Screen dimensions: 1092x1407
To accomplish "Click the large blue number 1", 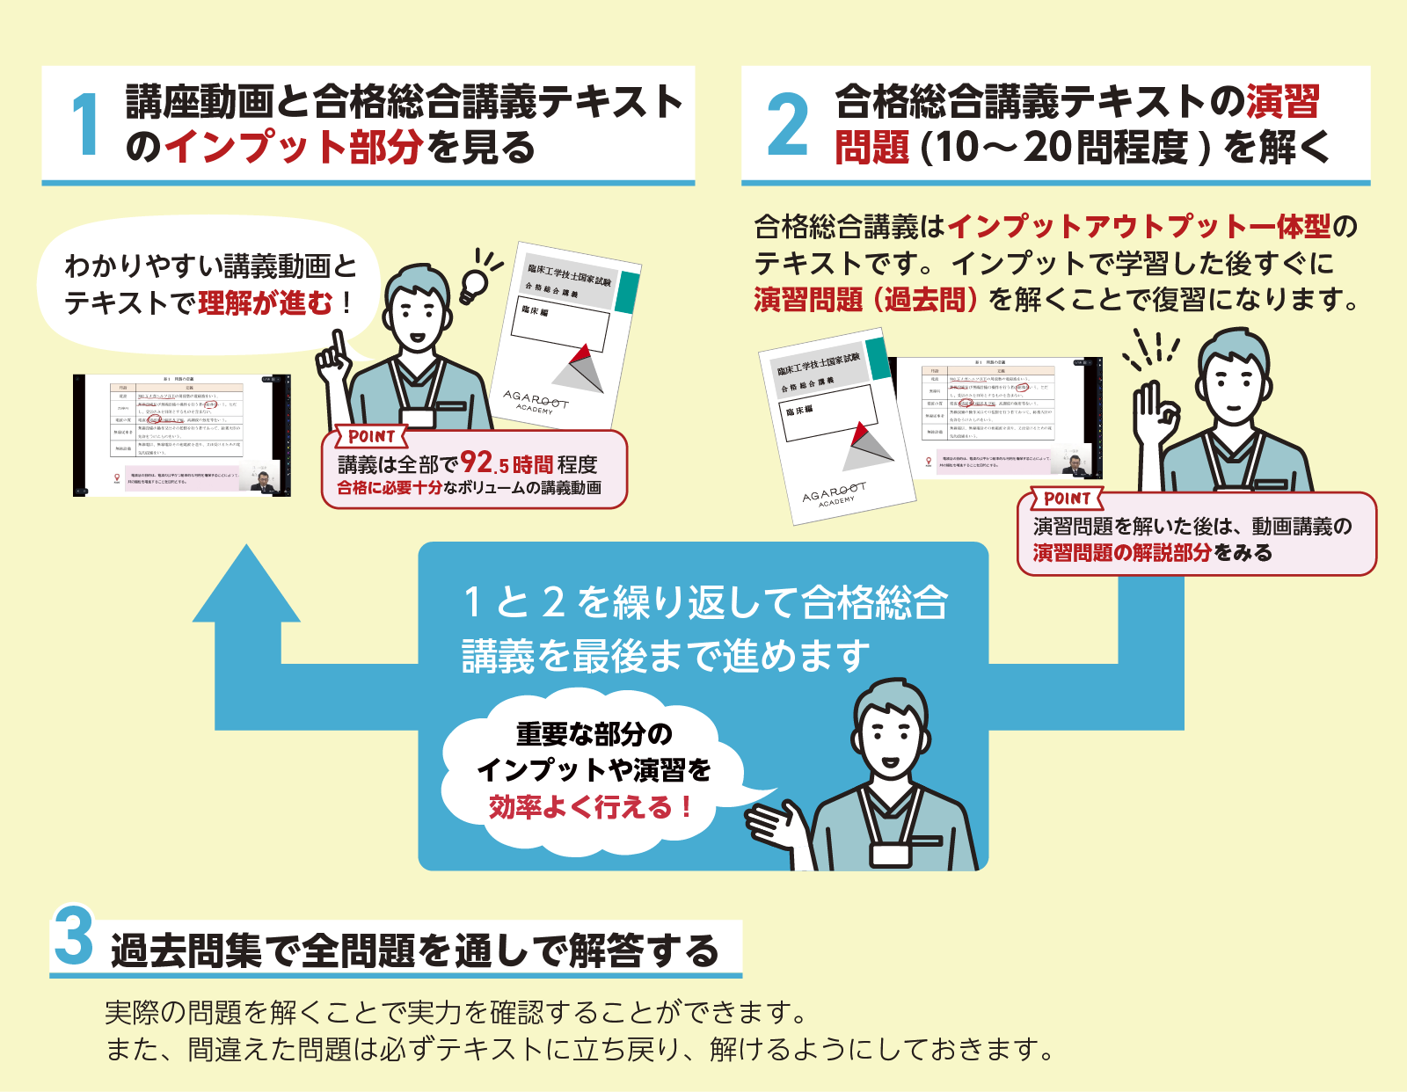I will [85, 125].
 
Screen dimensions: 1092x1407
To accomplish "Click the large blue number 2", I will [787, 126].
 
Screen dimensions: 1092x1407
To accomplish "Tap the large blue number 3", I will [74, 936].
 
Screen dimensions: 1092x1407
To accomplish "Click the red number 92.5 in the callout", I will [484, 462].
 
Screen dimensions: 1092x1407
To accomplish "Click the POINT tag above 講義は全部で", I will [371, 436].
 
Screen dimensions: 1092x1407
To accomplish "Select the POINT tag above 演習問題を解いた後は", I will [1067, 499].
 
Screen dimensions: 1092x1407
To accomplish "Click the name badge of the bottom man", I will [890, 855].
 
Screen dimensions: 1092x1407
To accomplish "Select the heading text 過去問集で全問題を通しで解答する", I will [414, 951].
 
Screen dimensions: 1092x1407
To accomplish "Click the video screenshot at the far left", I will [182, 435].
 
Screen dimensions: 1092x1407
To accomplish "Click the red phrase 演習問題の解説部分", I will [1121, 553].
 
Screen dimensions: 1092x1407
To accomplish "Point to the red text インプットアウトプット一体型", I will [1139, 227].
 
